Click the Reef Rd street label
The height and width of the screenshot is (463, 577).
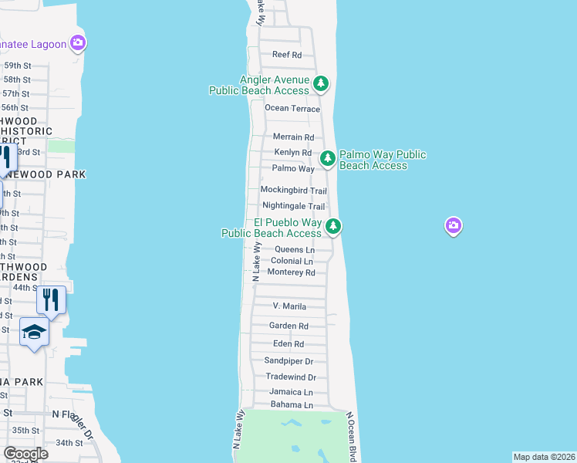(287, 55)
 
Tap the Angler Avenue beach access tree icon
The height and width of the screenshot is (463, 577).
(322, 83)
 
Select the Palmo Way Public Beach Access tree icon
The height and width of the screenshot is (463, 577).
(328, 158)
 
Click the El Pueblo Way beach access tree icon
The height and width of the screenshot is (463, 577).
(333, 226)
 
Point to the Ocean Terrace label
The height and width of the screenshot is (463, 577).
(292, 109)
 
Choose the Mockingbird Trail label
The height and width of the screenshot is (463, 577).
(293, 191)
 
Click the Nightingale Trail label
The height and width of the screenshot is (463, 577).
(293, 207)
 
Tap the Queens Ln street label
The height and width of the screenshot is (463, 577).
(295, 250)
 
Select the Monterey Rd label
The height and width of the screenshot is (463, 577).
(292, 272)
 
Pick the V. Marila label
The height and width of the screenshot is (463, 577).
(289, 306)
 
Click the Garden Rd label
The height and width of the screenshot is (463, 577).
(288, 326)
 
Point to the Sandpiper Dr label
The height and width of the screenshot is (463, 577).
(288, 361)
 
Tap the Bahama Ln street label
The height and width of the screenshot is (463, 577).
(291, 405)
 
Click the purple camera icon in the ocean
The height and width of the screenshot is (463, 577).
(454, 225)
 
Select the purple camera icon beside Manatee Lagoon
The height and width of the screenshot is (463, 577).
(77, 43)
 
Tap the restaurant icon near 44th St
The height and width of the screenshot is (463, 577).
(51, 299)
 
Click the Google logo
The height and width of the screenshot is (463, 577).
(25, 454)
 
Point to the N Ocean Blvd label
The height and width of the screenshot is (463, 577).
(353, 436)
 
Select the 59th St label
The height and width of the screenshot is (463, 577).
(15, 66)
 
